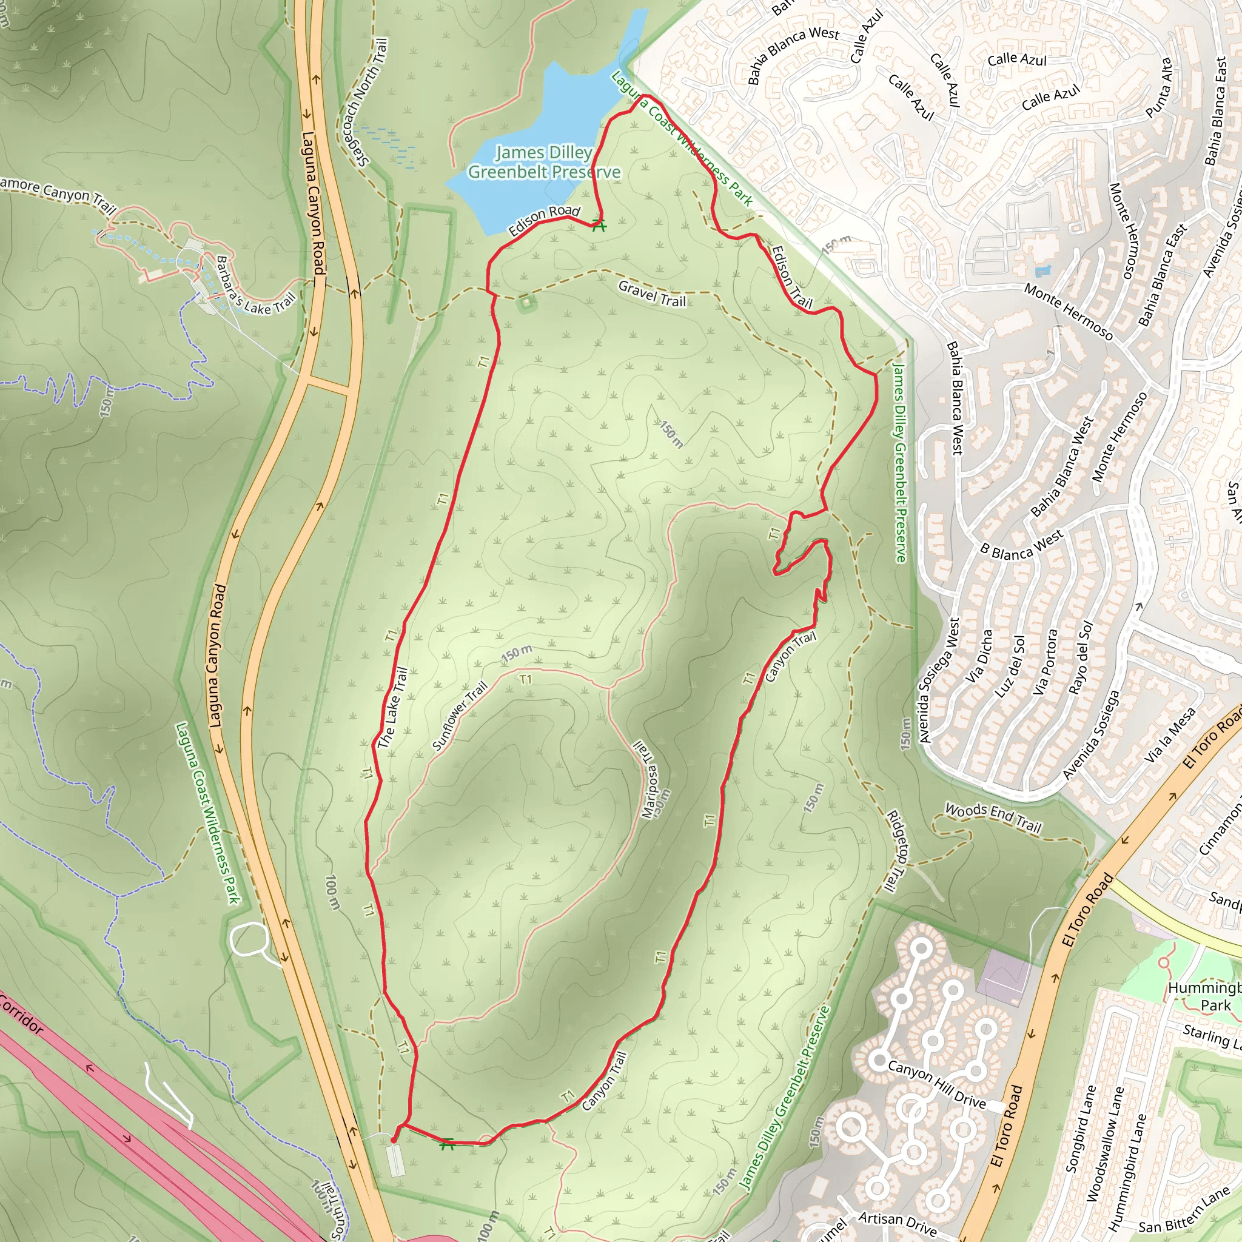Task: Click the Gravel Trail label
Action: coord(652,294)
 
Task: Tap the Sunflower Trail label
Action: coord(460,716)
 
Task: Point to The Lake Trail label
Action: coord(393,708)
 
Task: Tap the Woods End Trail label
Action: coord(993,817)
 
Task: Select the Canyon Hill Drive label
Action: coord(936,1084)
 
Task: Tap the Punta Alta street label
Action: coord(1158,88)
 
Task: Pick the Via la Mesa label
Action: coord(1170,735)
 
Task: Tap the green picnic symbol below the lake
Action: coord(599,225)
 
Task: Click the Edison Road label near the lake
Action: coord(544,221)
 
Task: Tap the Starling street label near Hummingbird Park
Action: coord(1206,1035)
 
